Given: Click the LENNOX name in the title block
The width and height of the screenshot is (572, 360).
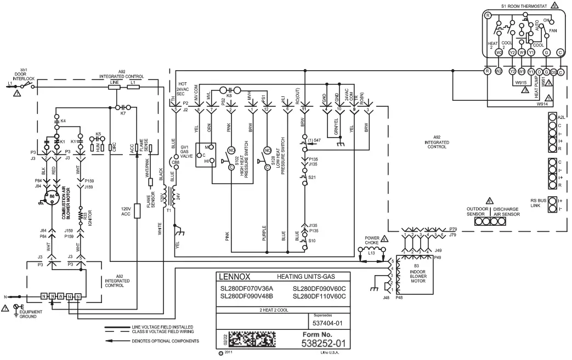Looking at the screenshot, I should click(x=234, y=276).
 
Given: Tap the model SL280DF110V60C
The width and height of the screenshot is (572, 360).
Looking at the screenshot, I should click(x=319, y=296).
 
